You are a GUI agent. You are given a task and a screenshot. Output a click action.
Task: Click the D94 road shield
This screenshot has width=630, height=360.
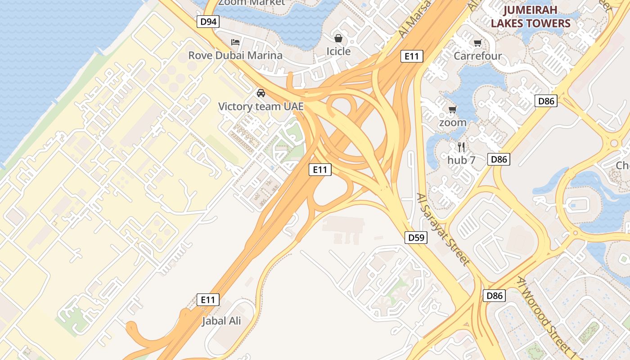pyautogui.click(x=208, y=22)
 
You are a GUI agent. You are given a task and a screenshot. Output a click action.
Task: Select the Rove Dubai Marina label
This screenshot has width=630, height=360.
pyautogui.click(x=235, y=55)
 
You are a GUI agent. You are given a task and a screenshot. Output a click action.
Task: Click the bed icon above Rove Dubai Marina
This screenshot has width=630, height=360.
pyautogui.click(x=235, y=42)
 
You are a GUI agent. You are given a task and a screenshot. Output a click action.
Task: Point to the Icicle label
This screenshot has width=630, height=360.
pyautogui.click(x=338, y=51)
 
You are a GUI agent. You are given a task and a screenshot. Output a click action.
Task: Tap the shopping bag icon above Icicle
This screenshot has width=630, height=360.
pyautogui.click(x=338, y=38)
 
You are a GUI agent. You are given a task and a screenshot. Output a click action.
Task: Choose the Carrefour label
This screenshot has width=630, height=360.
pyautogui.click(x=477, y=56)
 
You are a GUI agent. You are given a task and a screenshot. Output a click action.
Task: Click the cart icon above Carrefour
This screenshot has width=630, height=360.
pyautogui.click(x=477, y=43)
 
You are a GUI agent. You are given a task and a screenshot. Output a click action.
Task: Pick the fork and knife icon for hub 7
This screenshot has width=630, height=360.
pyautogui.click(x=461, y=147)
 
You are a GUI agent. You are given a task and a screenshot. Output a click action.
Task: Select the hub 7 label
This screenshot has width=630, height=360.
pyautogui.click(x=461, y=160)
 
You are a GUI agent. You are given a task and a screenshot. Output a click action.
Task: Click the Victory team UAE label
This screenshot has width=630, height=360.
pyautogui.click(x=261, y=107)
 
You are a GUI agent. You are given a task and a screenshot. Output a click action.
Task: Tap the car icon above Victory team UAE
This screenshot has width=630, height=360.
pyautogui.click(x=261, y=93)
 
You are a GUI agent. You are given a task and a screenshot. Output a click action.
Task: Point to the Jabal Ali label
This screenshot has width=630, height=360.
pyautogui.click(x=221, y=321)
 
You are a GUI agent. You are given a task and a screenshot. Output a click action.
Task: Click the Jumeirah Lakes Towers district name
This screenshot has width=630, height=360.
pyautogui.click(x=530, y=17)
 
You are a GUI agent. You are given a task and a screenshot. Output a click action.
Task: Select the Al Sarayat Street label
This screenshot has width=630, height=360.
pyautogui.click(x=443, y=229)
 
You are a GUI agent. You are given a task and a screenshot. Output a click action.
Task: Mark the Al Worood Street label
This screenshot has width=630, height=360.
pyautogui.click(x=546, y=315)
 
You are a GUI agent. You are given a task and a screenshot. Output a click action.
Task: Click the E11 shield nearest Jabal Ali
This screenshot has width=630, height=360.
pyautogui.click(x=208, y=300)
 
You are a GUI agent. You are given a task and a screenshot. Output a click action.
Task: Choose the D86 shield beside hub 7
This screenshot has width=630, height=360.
pyautogui.click(x=499, y=159)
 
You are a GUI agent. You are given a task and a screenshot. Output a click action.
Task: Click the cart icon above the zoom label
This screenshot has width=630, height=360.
pyautogui.click(x=453, y=109)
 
